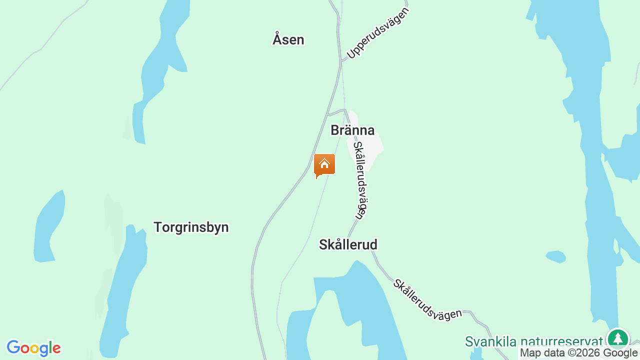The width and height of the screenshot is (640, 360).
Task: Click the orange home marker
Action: point(324,165)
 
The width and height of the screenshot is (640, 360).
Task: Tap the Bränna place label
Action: point(352,130)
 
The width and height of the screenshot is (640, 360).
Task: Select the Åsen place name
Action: point(288,39)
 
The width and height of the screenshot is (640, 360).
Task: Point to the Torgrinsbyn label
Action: point(191,227)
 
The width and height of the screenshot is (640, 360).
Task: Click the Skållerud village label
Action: point(348,244)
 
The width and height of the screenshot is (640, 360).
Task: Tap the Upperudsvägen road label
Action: point(378,33)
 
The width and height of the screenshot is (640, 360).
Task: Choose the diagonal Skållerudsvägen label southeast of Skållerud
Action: point(427,299)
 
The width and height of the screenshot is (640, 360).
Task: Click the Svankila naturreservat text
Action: point(533,341)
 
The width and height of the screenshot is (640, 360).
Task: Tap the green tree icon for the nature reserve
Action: point(617,338)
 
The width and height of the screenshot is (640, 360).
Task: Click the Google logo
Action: point(33,348)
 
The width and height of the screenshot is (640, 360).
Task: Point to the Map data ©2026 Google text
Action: point(578,353)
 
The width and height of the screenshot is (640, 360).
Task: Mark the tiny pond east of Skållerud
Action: point(555,256)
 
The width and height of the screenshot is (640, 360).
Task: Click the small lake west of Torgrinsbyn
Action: point(49,227)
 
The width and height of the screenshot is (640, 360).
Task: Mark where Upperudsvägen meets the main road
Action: point(341,61)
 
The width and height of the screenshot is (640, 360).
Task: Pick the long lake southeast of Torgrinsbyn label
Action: point(125,290)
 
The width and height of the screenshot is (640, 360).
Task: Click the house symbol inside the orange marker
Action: point(324,163)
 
